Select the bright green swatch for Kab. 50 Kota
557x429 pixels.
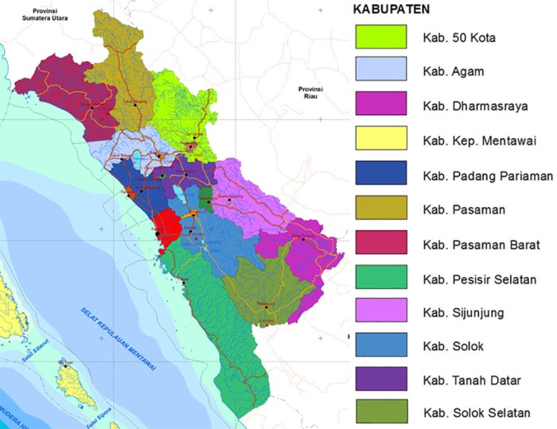[381, 37]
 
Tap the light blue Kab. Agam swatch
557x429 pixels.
[381, 71]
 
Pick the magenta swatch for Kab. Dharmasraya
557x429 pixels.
[381, 106]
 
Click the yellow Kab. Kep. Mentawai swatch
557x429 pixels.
[381, 141]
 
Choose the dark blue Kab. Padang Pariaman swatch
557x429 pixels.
[381, 175]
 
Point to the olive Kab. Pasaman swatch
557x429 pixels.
[381, 210]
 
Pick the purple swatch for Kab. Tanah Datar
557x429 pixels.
[381, 379]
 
